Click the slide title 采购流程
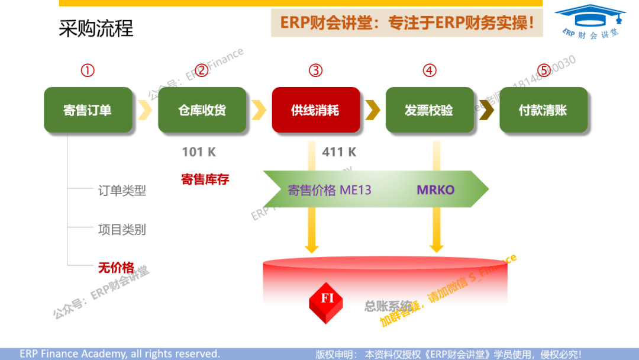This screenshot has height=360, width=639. (x=96, y=28)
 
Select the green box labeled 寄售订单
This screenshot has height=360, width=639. (x=87, y=110)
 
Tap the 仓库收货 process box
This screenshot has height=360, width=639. (x=202, y=110)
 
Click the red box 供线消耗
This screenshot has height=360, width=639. (x=315, y=110)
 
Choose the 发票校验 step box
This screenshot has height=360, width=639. (x=430, y=110)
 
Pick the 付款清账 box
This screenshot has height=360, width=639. (x=543, y=110)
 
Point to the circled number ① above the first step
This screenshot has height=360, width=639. (x=88, y=70)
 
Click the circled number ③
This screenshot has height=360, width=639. (x=315, y=70)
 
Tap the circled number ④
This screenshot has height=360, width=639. (x=430, y=70)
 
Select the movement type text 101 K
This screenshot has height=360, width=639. (x=199, y=152)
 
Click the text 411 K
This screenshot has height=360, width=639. (x=339, y=152)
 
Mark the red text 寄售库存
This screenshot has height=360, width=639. (x=205, y=179)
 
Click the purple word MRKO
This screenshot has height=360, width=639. (x=435, y=190)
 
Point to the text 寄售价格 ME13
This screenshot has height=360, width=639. (x=329, y=190)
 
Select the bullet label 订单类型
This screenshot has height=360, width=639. (x=122, y=191)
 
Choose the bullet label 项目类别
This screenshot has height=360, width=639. (x=122, y=230)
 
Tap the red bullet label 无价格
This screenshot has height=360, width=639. (x=116, y=268)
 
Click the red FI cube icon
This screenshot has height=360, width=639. (x=327, y=301)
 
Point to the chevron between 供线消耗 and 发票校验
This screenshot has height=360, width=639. (x=373, y=110)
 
